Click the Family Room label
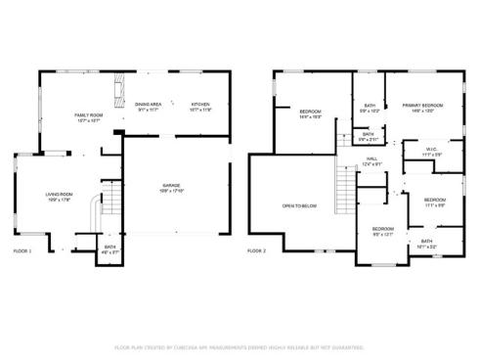pos(89,115)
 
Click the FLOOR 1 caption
pos(22,251)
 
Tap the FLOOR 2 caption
pos(256,251)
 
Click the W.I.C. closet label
pos(432,151)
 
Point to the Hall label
pos(371,159)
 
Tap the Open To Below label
pos(299,205)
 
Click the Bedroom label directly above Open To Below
pos(310,112)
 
